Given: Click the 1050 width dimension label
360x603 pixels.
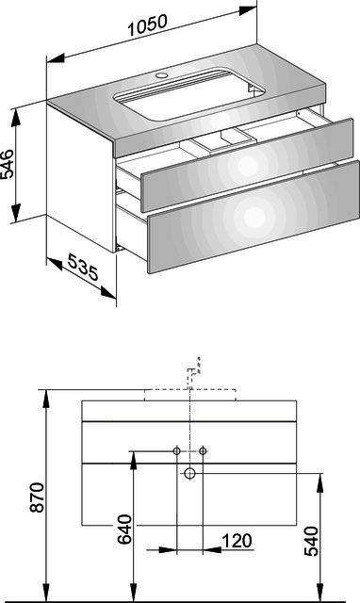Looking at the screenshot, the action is click(x=147, y=25).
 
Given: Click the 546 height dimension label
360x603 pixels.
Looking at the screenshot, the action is click(x=8, y=164).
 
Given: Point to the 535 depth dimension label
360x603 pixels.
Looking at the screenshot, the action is click(x=83, y=267).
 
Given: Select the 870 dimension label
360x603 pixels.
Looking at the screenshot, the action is click(x=38, y=497).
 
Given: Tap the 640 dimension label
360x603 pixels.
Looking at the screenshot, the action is click(x=124, y=530).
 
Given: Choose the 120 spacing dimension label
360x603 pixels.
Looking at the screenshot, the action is click(x=237, y=541).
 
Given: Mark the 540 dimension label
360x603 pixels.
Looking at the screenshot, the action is click(x=311, y=542).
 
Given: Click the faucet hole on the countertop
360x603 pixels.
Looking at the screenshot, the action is click(x=161, y=74).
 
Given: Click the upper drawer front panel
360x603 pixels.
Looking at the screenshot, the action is click(x=247, y=166).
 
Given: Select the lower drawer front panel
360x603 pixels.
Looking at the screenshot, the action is click(x=254, y=218).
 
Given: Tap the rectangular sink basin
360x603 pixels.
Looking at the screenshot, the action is click(x=189, y=94).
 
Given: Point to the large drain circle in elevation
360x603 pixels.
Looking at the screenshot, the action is click(x=189, y=473).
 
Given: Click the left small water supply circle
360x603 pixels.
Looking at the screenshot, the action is click(x=177, y=451).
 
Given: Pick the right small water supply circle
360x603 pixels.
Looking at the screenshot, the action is click(x=203, y=451).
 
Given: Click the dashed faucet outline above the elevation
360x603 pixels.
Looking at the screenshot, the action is click(x=193, y=368).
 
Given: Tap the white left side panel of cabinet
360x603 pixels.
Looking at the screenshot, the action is click(x=81, y=178).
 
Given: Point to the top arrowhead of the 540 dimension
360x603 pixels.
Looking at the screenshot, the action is click(x=319, y=482).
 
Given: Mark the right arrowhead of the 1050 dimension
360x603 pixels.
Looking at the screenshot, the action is click(x=247, y=10).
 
